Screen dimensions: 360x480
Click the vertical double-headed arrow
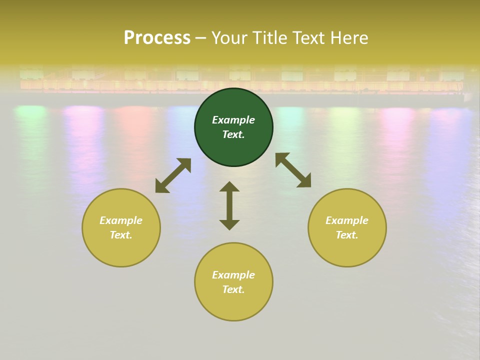[x=229, y=205]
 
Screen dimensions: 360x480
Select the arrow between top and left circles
[x=173, y=175]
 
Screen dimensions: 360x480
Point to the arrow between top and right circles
[x=293, y=170]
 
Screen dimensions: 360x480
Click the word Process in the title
[x=157, y=38]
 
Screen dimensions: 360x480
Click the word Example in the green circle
[x=233, y=120]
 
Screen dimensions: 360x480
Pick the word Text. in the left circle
[x=121, y=235]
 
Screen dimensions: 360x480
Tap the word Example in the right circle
[x=347, y=220]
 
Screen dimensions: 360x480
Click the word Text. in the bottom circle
[x=233, y=289]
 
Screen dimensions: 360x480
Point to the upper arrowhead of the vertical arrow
[x=229, y=186]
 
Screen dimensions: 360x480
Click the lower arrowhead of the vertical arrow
[x=229, y=224]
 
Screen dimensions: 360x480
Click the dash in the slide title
[x=201, y=38]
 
